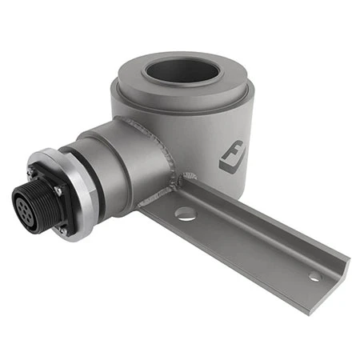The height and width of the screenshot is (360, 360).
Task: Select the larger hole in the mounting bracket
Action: pos(185,214)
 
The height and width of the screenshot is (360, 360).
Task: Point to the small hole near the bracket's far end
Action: pos(314,277)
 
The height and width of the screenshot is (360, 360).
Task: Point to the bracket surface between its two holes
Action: pos(248,244)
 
